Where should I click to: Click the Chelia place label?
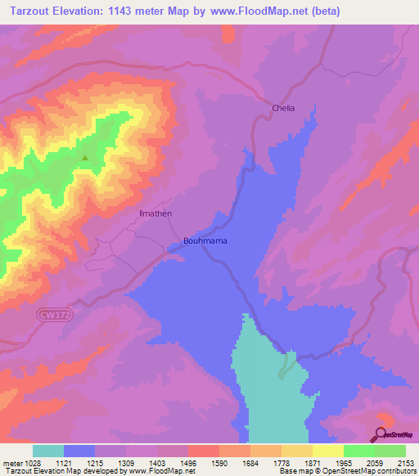click(282, 108)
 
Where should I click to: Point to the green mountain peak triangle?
click(84, 158)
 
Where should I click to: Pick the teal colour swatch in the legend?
click(48, 451)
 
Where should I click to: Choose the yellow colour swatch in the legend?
click(327, 451)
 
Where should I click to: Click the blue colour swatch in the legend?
click(79, 451)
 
